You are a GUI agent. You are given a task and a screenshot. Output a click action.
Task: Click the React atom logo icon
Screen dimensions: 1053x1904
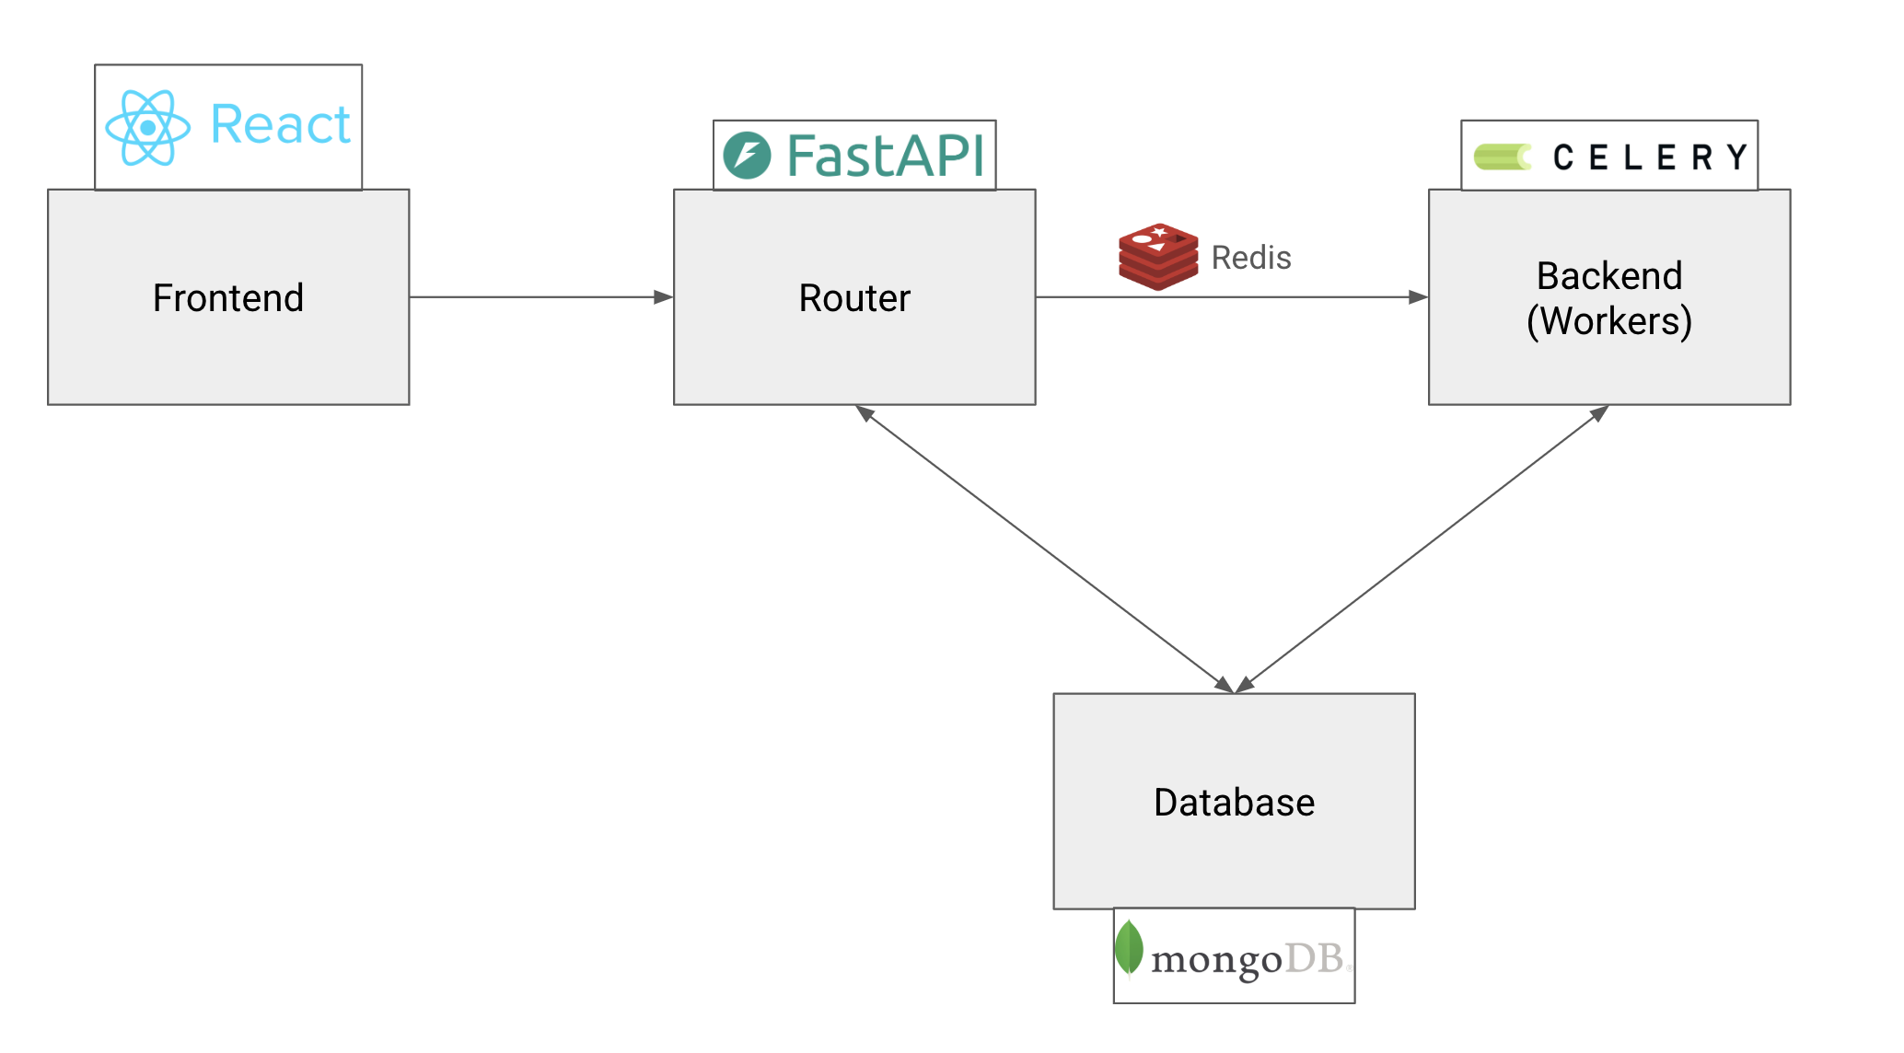(x=148, y=127)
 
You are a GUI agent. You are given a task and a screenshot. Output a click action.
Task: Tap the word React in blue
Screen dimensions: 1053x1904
(x=280, y=125)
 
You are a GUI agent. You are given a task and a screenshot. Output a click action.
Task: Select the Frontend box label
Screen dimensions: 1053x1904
(x=228, y=298)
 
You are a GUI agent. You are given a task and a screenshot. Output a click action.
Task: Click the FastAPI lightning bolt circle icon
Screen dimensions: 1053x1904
(x=747, y=156)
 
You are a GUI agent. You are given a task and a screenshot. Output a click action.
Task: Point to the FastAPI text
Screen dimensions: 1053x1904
(x=886, y=156)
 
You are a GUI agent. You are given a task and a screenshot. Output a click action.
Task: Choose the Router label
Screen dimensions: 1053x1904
(x=854, y=298)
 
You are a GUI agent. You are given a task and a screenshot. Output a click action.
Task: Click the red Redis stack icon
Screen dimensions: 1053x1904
(x=1158, y=257)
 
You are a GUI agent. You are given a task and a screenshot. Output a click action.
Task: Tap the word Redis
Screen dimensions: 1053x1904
(x=1250, y=258)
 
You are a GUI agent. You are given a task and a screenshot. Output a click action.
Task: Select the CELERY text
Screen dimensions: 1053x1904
(x=1649, y=157)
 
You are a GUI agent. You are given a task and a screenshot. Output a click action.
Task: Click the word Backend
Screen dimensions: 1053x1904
(x=1609, y=276)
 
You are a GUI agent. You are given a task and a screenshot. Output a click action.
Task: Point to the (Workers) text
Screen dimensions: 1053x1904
(x=1609, y=321)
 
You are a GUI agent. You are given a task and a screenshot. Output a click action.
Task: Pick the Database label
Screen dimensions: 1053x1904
(x=1234, y=803)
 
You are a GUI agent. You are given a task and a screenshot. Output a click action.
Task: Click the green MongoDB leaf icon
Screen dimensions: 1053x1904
(x=1129, y=947)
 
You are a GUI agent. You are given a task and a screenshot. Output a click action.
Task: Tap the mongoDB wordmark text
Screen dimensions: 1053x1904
(x=1247, y=960)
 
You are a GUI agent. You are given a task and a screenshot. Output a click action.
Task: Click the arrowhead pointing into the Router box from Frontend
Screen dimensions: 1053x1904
(x=664, y=297)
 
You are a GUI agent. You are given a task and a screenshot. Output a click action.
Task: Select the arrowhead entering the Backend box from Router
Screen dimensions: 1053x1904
(x=1419, y=297)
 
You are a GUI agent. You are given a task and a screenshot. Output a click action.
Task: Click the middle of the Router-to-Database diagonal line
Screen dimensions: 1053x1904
(x=1044, y=549)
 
